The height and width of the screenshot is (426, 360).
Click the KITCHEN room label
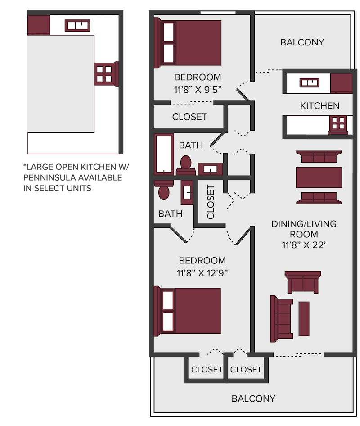[x=319, y=105]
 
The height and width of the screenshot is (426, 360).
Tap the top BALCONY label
[x=302, y=42]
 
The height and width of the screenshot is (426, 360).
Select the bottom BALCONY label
[x=253, y=399]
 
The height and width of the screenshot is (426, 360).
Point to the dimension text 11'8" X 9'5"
[x=198, y=89]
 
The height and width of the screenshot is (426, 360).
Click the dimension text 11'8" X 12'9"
[x=202, y=272]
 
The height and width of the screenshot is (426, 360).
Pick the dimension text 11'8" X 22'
[x=304, y=245]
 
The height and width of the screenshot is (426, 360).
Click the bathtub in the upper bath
[x=164, y=154]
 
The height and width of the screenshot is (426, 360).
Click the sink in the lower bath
[x=187, y=192]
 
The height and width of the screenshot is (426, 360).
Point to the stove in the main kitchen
[x=338, y=125]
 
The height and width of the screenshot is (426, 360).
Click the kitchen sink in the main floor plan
[x=309, y=82]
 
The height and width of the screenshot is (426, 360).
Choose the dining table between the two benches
[x=319, y=177]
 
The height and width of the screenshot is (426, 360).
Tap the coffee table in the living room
[x=304, y=319]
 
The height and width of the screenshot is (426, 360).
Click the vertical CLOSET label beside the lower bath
[x=211, y=202]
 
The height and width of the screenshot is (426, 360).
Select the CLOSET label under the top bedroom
[x=190, y=117]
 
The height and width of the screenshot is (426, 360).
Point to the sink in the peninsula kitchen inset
[x=77, y=26]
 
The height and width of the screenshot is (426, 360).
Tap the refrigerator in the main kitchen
[x=341, y=83]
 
